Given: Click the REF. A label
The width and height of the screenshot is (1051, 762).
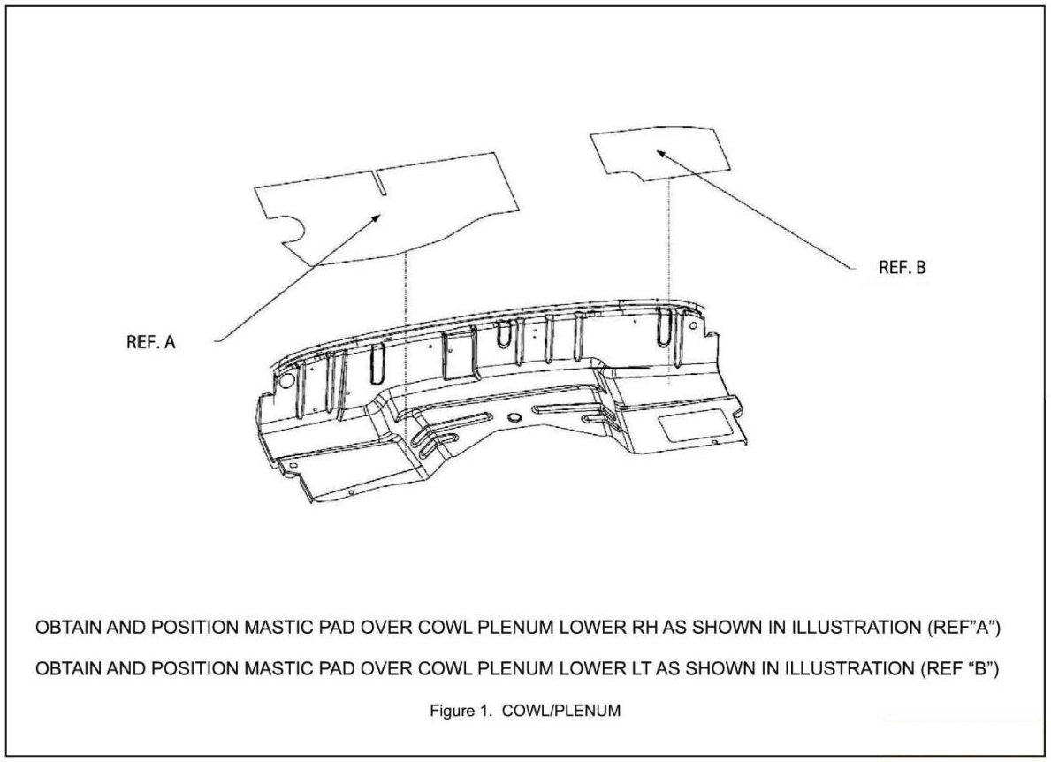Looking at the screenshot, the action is pyautogui.click(x=152, y=342).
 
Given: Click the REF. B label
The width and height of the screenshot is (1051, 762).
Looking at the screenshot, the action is pyautogui.click(x=902, y=268).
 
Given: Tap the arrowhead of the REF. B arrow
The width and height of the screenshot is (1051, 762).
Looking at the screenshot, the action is pyautogui.click(x=658, y=151).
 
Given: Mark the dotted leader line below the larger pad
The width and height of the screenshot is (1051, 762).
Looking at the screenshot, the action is pyautogui.click(x=404, y=336).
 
